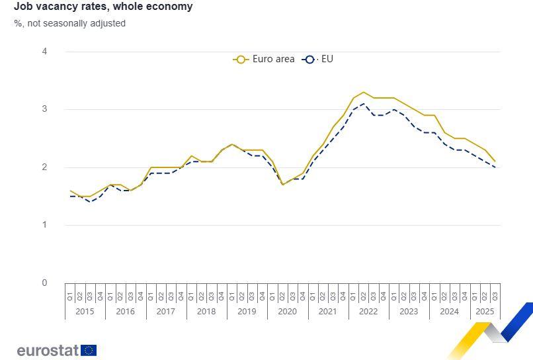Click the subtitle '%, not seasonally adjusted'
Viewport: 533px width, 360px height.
69,23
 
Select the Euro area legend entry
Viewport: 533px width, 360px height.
264,59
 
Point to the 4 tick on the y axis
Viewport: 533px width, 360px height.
44,52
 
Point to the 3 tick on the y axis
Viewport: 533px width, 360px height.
44,109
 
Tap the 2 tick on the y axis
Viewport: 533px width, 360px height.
44,167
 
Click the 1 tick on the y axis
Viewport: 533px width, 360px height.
44,225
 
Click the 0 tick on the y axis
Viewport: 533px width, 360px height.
44,283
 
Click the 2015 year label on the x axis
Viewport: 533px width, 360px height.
85,311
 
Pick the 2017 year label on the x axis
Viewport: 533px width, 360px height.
166,311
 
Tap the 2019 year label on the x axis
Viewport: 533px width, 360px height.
247,311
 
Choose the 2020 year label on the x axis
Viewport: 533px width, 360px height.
287,311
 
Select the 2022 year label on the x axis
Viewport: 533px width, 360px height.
368,311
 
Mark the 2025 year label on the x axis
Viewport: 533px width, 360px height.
485,311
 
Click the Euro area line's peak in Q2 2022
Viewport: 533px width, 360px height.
363,92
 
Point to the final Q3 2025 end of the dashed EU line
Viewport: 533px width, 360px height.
495,167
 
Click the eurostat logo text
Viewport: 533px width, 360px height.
48,350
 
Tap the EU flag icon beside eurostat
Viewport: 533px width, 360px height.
89,350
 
